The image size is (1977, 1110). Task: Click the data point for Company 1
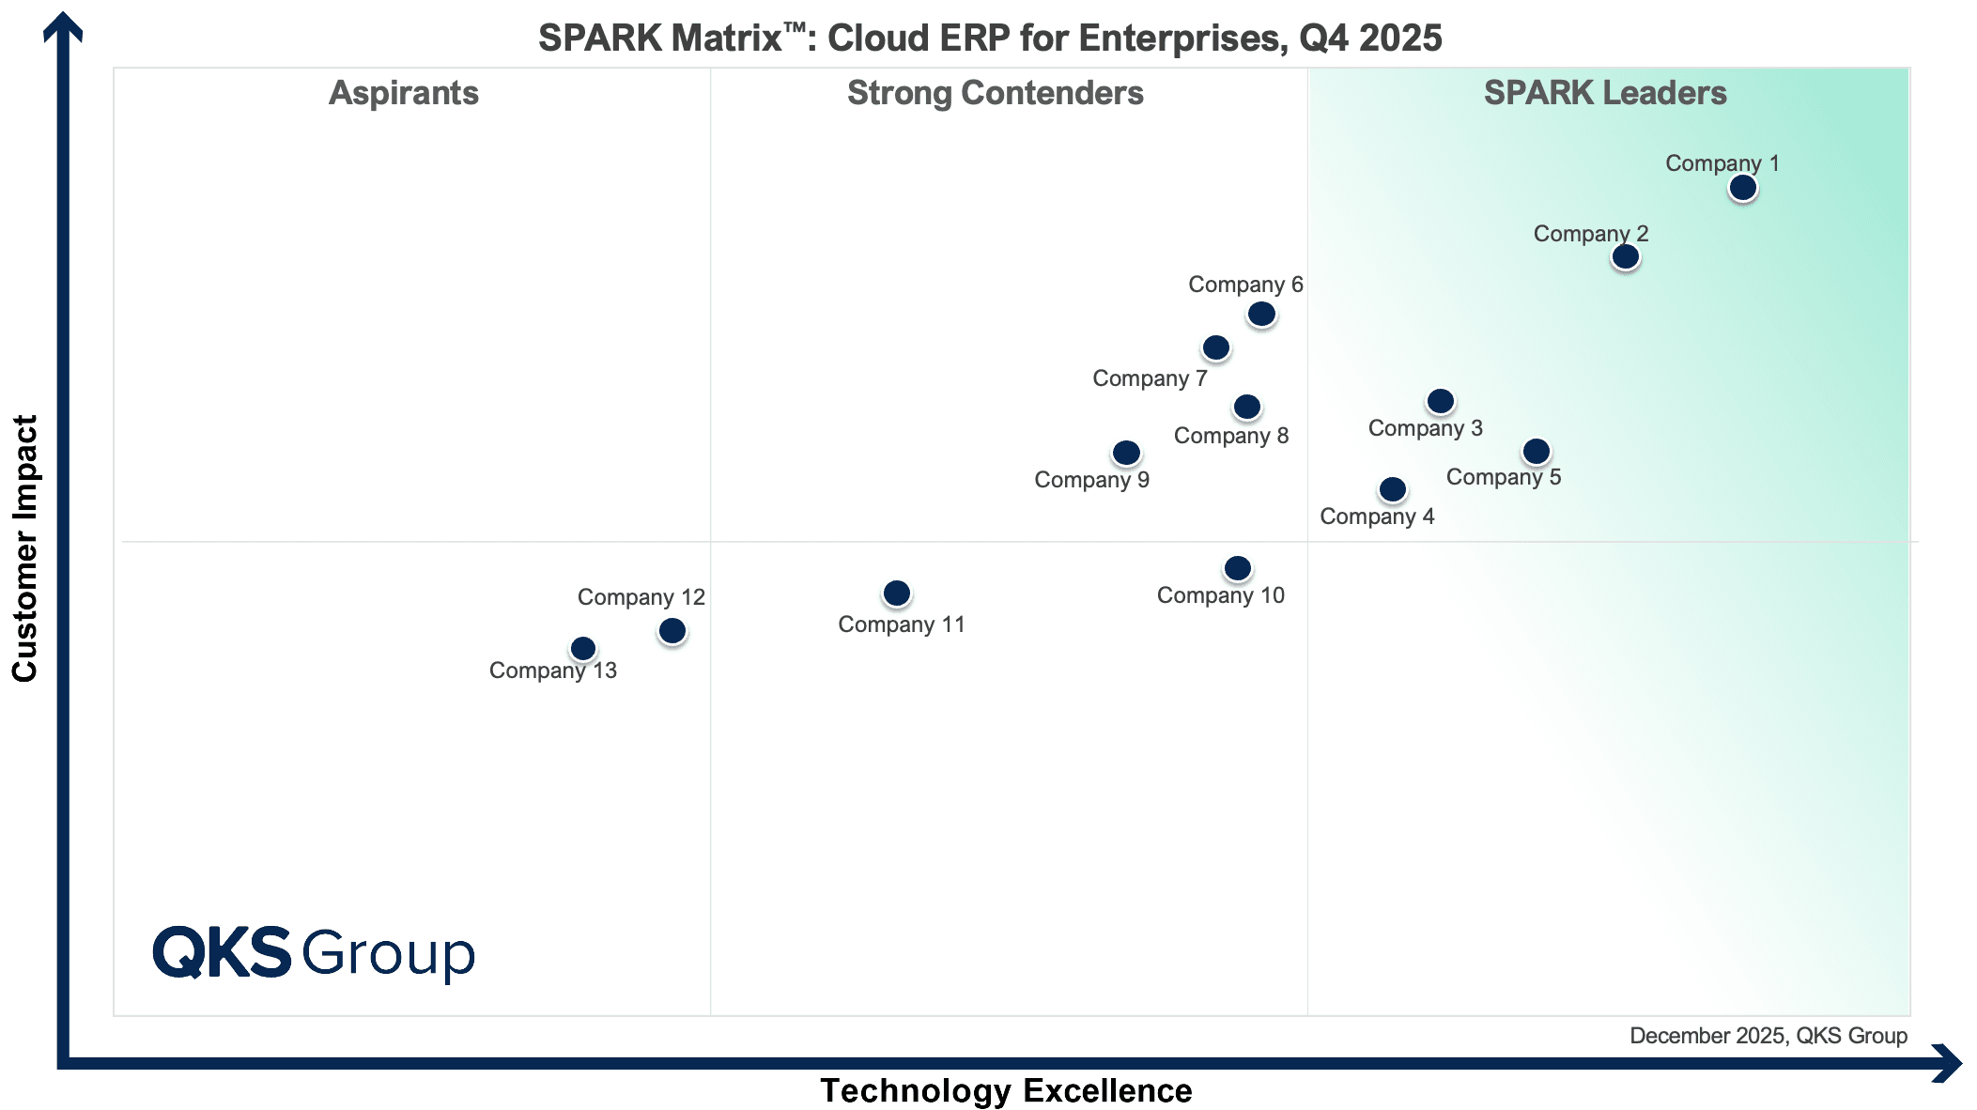[x=1743, y=188]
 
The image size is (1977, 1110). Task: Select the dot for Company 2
[x=1625, y=256]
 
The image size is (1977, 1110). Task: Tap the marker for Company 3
[x=1441, y=402]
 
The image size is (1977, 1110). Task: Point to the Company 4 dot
[x=1393, y=489]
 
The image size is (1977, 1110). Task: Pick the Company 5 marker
[x=1537, y=452]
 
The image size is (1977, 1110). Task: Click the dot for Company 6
[x=1261, y=314]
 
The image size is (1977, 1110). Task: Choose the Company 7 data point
[x=1216, y=348]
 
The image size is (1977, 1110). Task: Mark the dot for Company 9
[x=1126, y=454]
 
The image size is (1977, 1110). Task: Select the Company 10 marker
[x=1238, y=568]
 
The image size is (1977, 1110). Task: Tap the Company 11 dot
[x=897, y=594]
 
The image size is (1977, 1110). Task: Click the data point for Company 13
[x=583, y=649]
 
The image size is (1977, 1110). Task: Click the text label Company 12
[x=641, y=597]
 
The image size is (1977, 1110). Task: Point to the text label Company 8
[x=1230, y=436]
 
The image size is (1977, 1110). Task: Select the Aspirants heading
[x=404, y=93]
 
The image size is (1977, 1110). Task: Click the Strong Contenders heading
[x=995, y=93]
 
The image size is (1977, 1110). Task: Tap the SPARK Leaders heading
[x=1605, y=93]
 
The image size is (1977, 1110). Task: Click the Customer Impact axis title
[x=24, y=548]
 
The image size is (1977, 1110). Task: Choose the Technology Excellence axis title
[x=1006, y=1090]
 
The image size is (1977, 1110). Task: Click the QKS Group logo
[x=314, y=953]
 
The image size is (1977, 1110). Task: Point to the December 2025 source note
[x=1768, y=1036]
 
